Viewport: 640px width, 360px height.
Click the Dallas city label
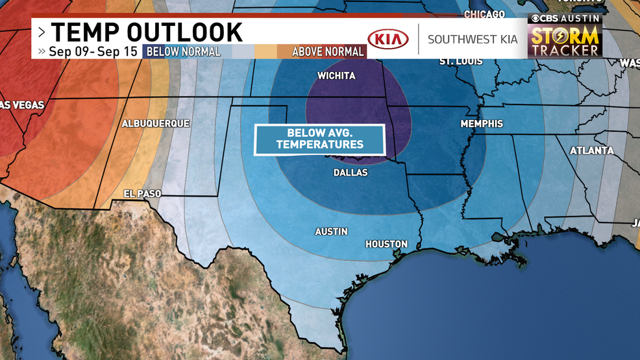[x=350, y=173]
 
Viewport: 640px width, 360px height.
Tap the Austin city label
[x=331, y=232]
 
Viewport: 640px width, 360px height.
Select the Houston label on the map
[x=386, y=244]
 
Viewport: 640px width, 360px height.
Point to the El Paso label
[x=142, y=193]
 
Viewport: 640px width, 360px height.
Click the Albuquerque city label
[x=156, y=123]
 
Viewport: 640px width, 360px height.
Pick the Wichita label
[x=336, y=76]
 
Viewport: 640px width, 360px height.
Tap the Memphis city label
[x=482, y=123]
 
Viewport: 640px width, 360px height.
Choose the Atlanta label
[x=591, y=150]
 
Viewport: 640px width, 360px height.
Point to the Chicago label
[x=484, y=14]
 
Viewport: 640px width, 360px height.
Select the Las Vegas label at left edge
[x=14, y=105]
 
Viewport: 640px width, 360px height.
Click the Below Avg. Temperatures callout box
[x=319, y=139]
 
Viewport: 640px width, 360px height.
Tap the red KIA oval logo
[x=388, y=40]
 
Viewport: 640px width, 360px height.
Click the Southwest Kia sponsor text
[x=473, y=40]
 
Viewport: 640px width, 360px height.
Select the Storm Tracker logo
[x=564, y=42]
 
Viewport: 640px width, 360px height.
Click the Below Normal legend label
[x=184, y=51]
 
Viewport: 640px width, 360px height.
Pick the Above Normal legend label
[x=328, y=51]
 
